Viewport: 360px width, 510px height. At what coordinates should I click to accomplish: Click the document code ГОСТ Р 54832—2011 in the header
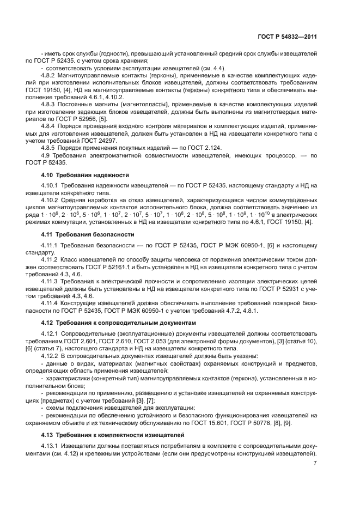[x=289, y=37]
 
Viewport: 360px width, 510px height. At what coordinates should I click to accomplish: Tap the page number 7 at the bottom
[x=315, y=463]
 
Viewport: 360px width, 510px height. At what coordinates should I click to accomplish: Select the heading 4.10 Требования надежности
[x=85, y=175]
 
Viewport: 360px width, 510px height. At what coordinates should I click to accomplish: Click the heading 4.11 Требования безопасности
[x=88, y=234]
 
